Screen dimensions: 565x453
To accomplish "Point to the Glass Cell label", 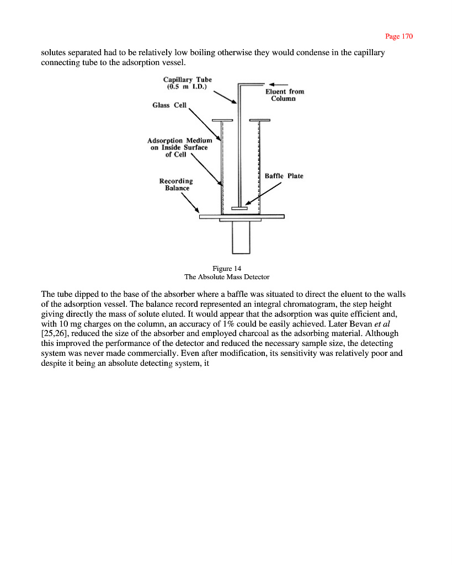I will pos(169,105).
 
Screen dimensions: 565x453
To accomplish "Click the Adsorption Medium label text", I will pos(180,147).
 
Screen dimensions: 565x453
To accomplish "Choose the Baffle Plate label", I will pos(284,176).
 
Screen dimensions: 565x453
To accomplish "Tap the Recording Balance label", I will pos(176,184).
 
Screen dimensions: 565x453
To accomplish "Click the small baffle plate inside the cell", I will pos(239,208).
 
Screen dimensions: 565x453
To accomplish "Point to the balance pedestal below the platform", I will pos(241,237).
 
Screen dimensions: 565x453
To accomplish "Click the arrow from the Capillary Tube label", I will pos(224,98).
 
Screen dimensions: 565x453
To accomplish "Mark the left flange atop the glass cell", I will pos(222,120).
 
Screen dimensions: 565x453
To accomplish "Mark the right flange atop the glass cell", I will pos(259,120).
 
